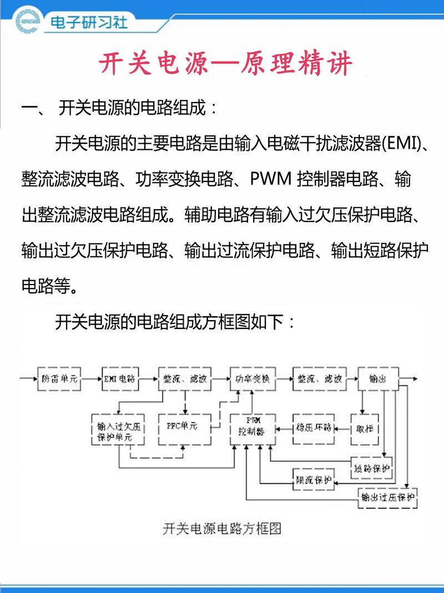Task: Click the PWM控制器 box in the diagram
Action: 253,428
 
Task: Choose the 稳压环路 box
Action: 314,428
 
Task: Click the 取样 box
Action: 365,428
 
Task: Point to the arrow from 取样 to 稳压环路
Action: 343,428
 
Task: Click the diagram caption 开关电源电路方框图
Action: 222,528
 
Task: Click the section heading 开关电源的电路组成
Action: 130,108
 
